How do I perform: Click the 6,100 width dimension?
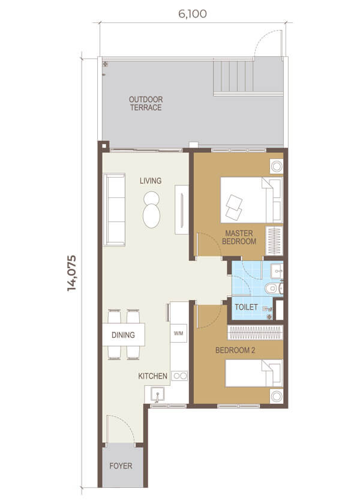[193, 14]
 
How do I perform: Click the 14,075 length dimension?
[71, 273]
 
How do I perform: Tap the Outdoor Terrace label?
[146, 103]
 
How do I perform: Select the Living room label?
[151, 181]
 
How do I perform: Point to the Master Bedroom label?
[239, 237]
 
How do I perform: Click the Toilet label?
[246, 307]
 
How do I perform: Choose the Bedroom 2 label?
[235, 350]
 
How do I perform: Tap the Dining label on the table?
[123, 335]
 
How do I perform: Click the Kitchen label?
[152, 376]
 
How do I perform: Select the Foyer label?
[121, 466]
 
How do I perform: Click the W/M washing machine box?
[178, 334]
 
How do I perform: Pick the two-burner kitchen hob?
[179, 376]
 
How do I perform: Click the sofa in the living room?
[114, 210]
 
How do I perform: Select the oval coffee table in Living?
[151, 215]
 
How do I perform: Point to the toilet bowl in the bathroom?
[273, 289]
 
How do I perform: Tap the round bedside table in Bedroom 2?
[277, 397]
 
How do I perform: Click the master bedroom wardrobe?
[274, 241]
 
